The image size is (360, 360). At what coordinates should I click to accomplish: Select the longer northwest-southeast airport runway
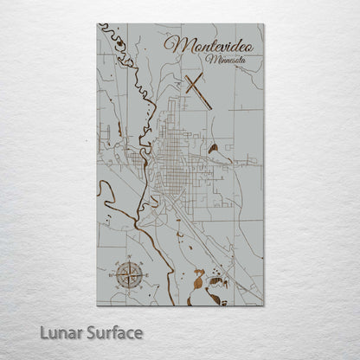198,92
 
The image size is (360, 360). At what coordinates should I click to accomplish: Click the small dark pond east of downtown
213,148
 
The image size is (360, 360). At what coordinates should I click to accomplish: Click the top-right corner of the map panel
264,24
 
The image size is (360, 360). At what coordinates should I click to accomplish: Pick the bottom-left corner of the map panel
97,305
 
